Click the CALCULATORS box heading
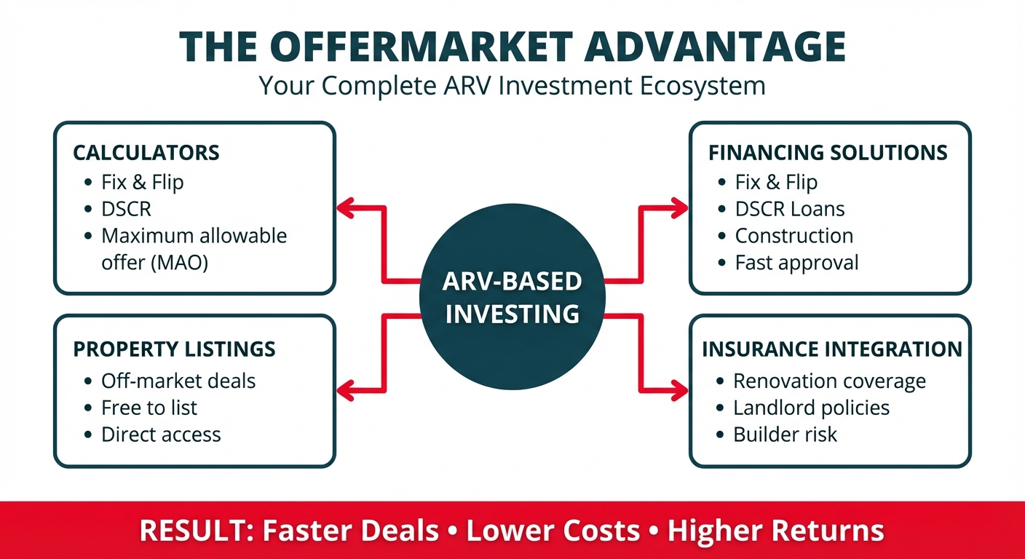(x=146, y=153)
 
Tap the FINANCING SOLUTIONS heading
(x=828, y=153)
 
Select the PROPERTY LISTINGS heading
(x=174, y=349)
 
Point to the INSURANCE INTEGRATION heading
(x=832, y=349)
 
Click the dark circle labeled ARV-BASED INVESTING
(x=512, y=296)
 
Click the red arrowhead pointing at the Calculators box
(x=346, y=208)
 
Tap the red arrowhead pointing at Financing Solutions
(x=679, y=208)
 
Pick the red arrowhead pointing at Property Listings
(x=346, y=391)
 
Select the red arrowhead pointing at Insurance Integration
(x=679, y=391)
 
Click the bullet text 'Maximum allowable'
(x=194, y=236)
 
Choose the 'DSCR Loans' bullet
(x=790, y=209)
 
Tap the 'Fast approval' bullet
(x=796, y=263)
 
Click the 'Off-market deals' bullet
(x=178, y=381)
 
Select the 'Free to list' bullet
(x=149, y=408)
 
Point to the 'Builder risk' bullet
(x=785, y=435)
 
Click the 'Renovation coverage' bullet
(x=830, y=381)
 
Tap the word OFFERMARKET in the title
(x=422, y=46)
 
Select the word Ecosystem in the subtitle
(x=703, y=86)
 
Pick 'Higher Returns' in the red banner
(x=775, y=531)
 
